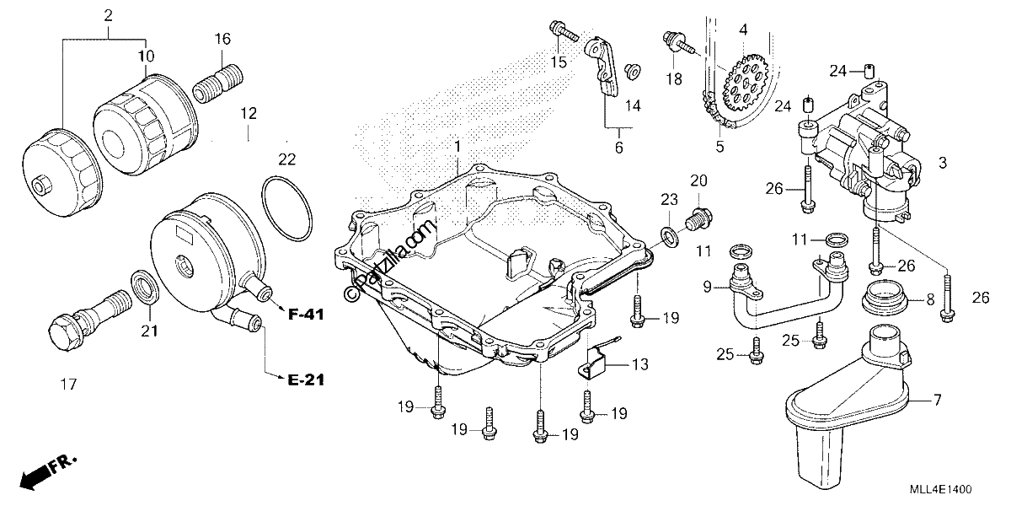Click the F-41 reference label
click(x=307, y=315)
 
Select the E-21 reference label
click(x=307, y=380)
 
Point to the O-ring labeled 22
click(x=286, y=209)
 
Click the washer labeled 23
click(x=669, y=237)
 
